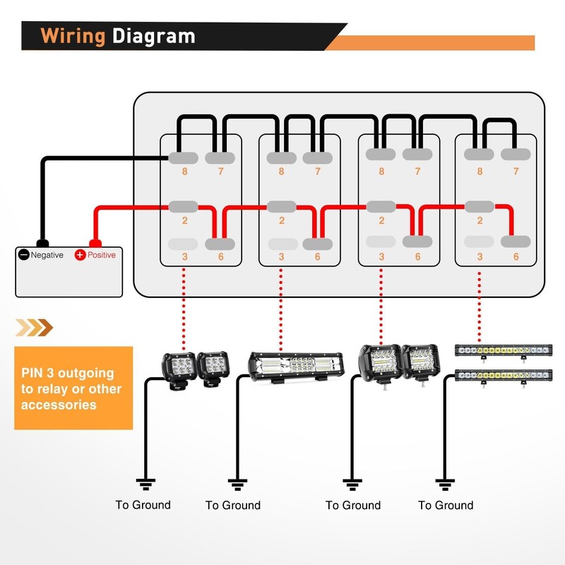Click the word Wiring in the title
[73, 36]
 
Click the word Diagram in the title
[153, 36]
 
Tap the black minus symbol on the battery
[24, 255]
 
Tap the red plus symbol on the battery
[80, 255]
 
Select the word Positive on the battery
[102, 255]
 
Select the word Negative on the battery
[47, 255]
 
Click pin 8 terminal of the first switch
[184, 157]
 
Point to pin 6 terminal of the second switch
[317, 244]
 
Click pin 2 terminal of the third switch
[381, 207]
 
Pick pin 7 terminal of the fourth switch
[516, 154]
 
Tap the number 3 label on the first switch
[184, 256]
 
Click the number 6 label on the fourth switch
[516, 256]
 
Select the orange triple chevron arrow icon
[34, 328]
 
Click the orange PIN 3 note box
[73, 388]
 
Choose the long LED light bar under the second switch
[296, 367]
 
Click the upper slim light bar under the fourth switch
[504, 351]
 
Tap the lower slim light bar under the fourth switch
[504, 376]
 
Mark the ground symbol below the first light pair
[145, 484]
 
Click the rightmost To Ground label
[446, 505]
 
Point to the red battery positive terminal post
[95, 243]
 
